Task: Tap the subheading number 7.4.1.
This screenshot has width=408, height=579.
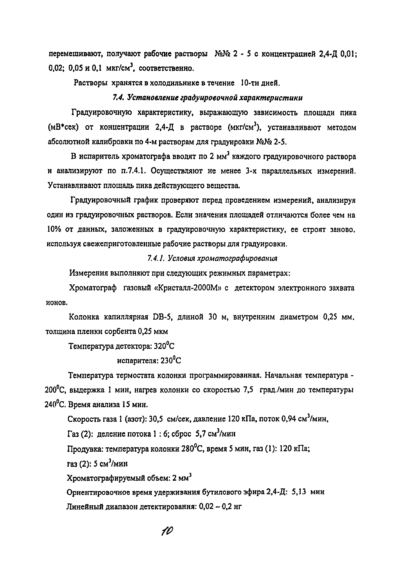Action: (x=156, y=258)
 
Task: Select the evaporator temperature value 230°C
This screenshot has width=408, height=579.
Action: (x=171, y=361)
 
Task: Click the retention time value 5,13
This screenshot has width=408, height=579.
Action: (x=299, y=492)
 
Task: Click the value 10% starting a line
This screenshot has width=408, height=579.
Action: (x=54, y=229)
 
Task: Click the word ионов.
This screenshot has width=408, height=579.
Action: (x=56, y=303)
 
